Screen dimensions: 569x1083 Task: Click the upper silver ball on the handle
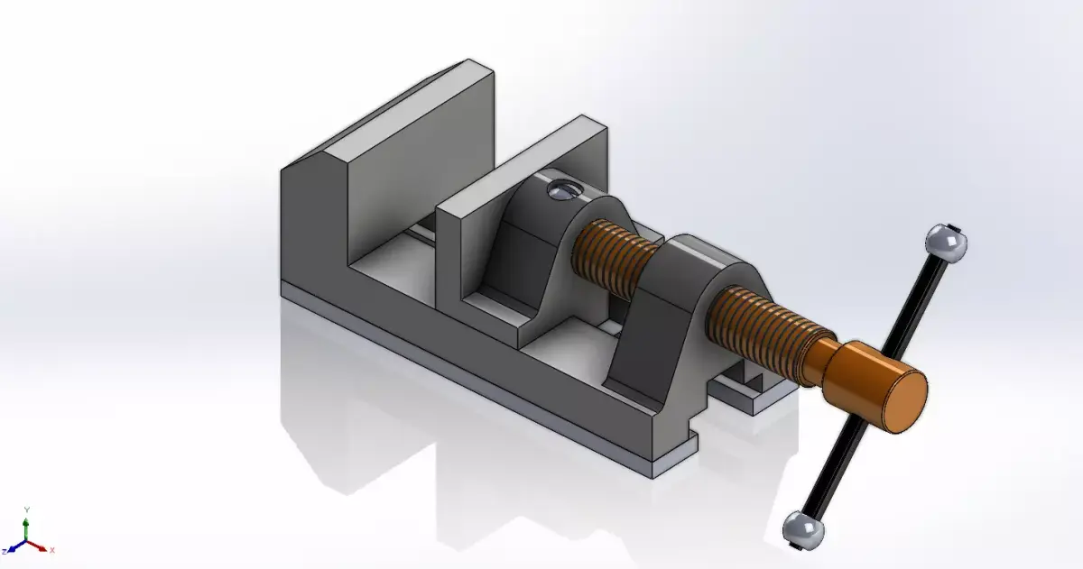click(946, 243)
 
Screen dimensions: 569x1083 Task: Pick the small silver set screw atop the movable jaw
click(562, 189)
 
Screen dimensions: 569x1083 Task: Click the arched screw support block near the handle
click(668, 334)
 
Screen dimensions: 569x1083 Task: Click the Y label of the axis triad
click(27, 510)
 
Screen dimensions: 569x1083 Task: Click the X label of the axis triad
click(52, 549)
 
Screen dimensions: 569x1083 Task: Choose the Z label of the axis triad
click(5, 550)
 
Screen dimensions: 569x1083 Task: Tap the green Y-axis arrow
click(27, 528)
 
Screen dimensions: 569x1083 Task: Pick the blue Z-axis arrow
click(16, 546)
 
